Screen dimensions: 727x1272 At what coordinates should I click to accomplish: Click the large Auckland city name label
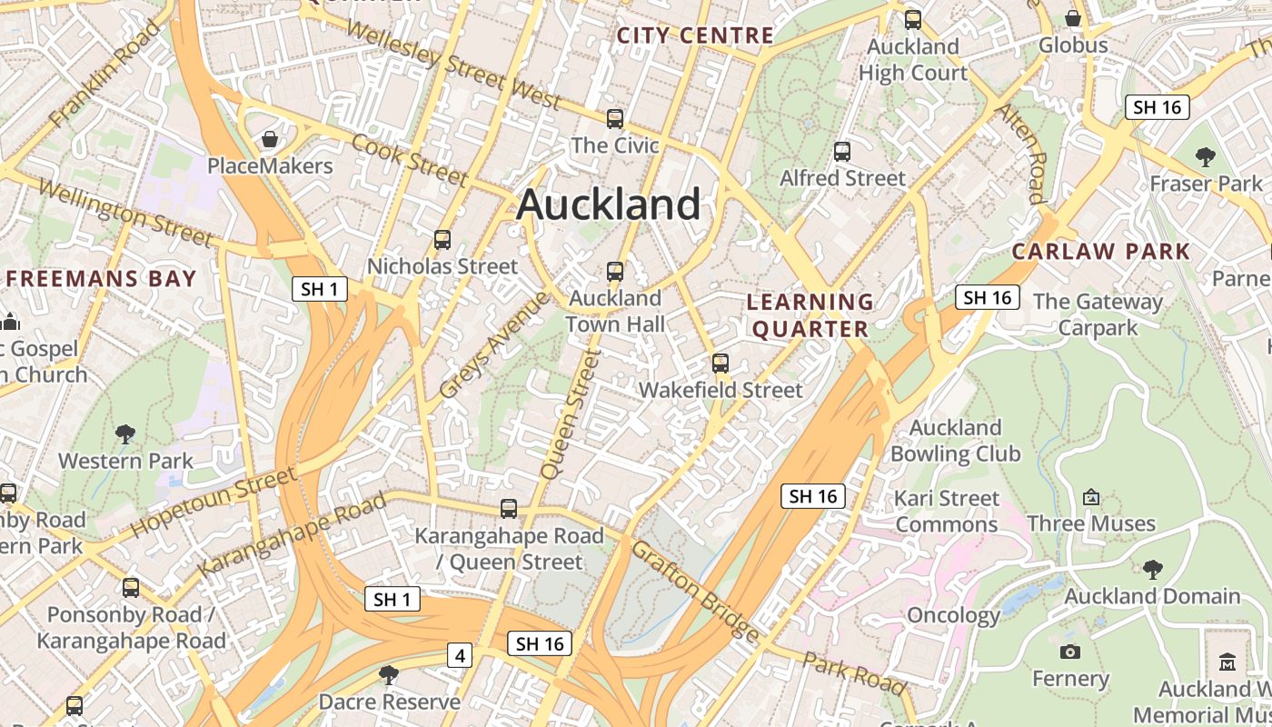coord(609,204)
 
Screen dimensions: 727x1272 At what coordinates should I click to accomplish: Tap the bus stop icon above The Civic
coord(615,119)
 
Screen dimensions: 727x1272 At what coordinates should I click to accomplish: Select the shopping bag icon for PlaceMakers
coord(270,139)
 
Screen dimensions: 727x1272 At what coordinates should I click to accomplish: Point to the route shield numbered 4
coord(461,654)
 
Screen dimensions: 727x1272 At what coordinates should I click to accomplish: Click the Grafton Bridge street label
coord(695,591)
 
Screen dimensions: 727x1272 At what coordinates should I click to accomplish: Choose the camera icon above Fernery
coord(1070,652)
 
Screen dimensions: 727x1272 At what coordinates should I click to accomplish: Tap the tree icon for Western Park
coord(125,434)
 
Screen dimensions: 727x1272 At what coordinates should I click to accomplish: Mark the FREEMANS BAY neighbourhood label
coord(102,278)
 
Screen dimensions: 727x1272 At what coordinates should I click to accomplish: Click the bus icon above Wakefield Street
coord(720,363)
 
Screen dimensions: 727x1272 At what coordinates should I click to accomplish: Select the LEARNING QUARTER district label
coord(810,315)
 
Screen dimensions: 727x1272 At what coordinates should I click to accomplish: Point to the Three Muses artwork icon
coord(1091,497)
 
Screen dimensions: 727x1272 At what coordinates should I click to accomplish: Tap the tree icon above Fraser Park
coord(1206,157)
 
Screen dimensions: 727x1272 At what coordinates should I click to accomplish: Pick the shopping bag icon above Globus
coord(1073,18)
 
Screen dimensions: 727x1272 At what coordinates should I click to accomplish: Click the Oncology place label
coord(954,615)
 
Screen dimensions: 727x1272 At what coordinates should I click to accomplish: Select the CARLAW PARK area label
coord(1101,251)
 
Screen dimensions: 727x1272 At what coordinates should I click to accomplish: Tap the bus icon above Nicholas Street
coord(442,240)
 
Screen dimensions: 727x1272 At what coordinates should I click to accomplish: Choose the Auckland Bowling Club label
coord(956,441)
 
